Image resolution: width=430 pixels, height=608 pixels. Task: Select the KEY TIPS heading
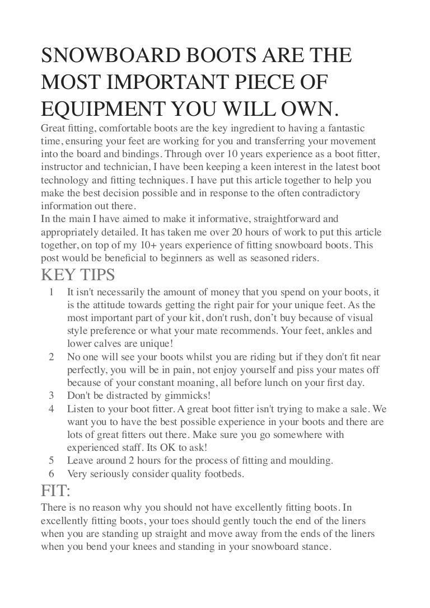coord(78,274)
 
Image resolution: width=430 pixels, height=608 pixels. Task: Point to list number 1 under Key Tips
coord(52,293)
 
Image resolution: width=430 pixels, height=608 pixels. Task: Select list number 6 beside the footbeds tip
coord(52,474)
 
